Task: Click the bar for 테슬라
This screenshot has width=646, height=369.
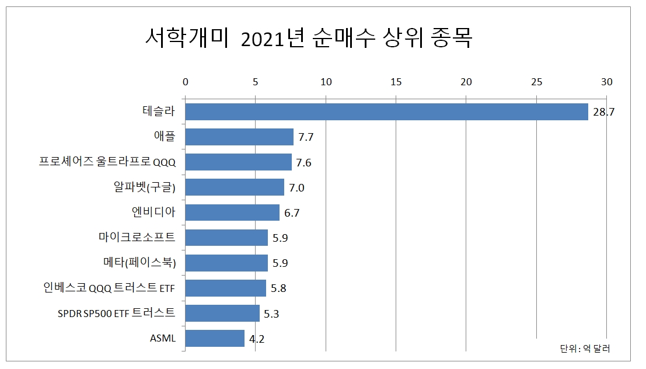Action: tap(386, 112)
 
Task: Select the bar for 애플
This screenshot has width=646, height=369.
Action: tap(239, 137)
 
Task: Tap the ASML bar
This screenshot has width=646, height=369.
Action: tap(215, 339)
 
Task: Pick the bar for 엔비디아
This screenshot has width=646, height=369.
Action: tap(232, 213)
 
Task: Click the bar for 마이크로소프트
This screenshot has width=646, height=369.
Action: tap(226, 238)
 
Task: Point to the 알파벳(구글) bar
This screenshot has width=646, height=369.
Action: tap(235, 187)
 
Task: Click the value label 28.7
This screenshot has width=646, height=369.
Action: tap(604, 112)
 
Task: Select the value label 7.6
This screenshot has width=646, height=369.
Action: tap(303, 163)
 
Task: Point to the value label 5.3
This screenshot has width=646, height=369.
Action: tap(271, 314)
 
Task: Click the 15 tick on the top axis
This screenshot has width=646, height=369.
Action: tap(396, 82)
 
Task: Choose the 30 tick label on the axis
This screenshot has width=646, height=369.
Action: tap(606, 82)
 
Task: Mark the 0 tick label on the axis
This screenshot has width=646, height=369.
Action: tap(185, 82)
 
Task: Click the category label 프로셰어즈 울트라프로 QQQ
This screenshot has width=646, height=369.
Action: tap(107, 162)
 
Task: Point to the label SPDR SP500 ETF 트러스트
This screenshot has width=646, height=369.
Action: tap(116, 313)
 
